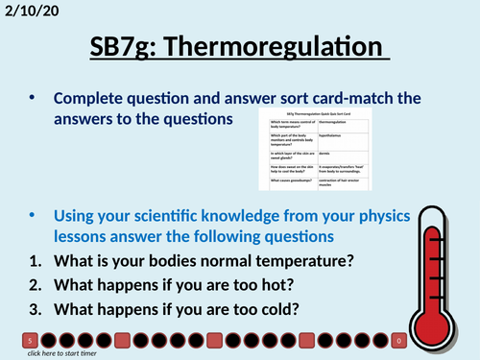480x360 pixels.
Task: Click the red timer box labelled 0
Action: click(x=399, y=341)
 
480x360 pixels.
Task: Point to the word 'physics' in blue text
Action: click(x=360, y=213)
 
